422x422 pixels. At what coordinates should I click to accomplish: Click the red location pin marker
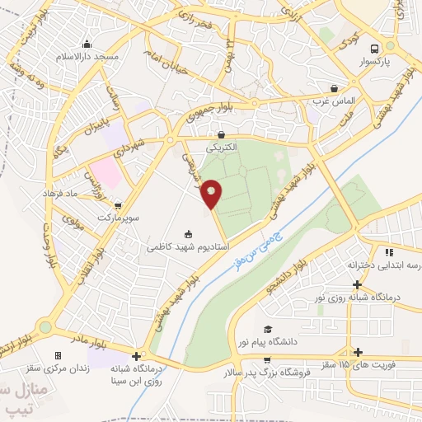212,194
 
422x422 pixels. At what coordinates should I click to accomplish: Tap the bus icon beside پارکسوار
375,48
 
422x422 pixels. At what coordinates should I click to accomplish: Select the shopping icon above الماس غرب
333,87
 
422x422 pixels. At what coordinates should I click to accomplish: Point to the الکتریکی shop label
221,147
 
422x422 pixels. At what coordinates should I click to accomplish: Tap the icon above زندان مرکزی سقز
57,355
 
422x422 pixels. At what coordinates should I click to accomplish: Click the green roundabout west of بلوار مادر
45,327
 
